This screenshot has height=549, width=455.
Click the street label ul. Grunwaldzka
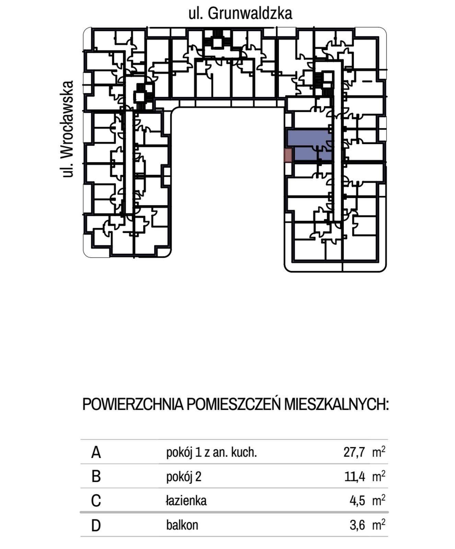(x=240, y=13)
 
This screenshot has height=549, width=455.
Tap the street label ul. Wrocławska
(x=68, y=129)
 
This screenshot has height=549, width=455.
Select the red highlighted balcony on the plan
(x=288, y=155)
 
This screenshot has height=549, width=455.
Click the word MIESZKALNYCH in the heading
(x=337, y=405)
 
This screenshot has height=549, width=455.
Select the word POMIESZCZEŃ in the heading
(x=234, y=405)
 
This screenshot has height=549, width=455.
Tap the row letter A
(x=96, y=452)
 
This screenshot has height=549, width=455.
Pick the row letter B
(x=96, y=477)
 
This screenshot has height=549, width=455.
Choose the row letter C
(x=96, y=501)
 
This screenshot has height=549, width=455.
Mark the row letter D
(x=96, y=525)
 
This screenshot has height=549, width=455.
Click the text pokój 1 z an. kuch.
(x=211, y=452)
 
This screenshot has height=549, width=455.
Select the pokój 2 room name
(x=184, y=477)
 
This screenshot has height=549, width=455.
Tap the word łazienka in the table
(x=186, y=501)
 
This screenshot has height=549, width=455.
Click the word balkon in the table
(x=182, y=525)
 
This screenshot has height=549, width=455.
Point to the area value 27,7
(x=354, y=452)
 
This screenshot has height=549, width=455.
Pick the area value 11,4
(x=354, y=477)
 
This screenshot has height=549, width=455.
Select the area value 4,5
(x=357, y=501)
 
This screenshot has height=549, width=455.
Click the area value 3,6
(x=357, y=525)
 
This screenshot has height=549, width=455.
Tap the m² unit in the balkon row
(x=378, y=525)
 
